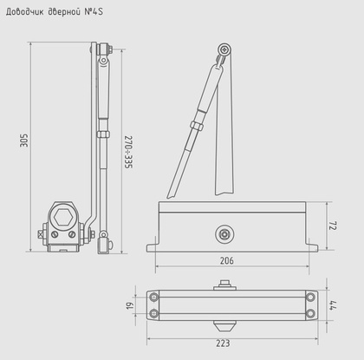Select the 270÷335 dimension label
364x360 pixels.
click(127, 153)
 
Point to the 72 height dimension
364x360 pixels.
click(334, 225)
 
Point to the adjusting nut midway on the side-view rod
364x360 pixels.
click(103, 134)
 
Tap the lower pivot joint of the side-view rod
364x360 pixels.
click(104, 238)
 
